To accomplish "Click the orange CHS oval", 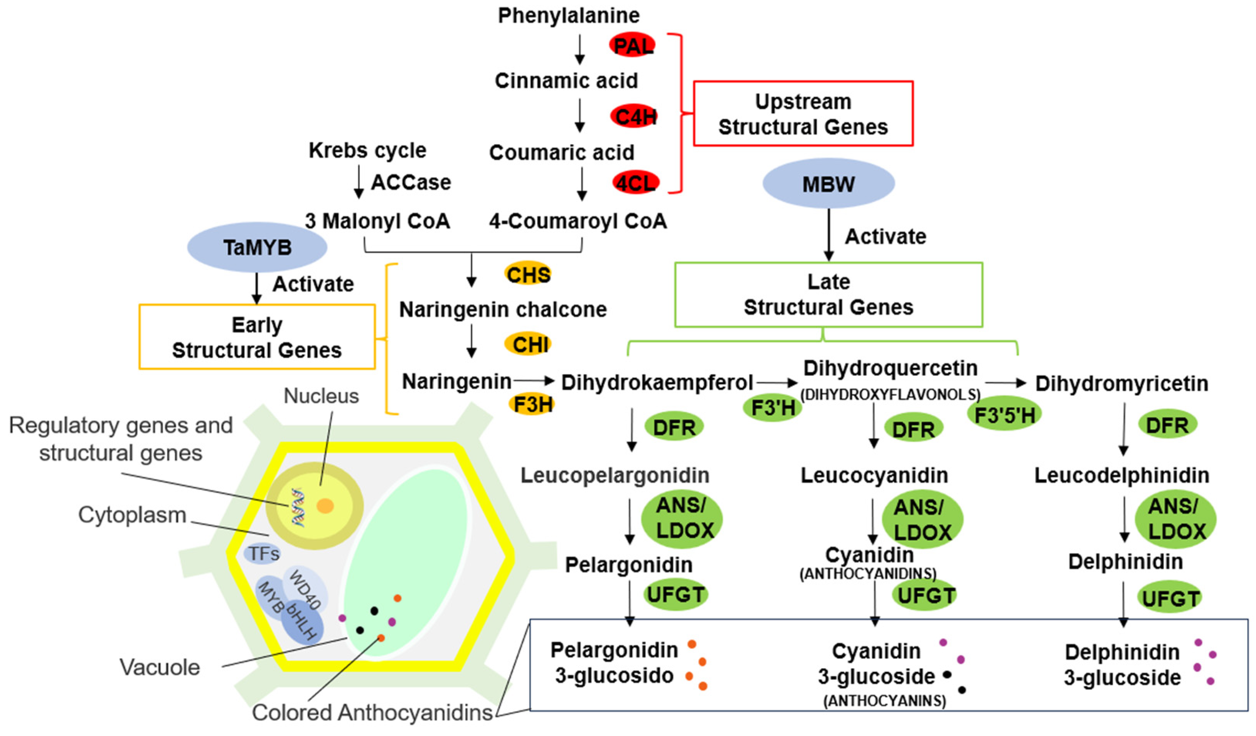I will click(x=528, y=274).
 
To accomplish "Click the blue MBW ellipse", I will click(x=828, y=184).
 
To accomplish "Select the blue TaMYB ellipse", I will click(x=257, y=247).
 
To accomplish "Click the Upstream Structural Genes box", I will click(x=803, y=114).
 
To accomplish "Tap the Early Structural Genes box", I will click(x=257, y=337).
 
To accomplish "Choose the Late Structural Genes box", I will click(x=828, y=294).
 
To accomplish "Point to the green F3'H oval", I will click(x=773, y=408).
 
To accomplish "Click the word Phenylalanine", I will click(x=569, y=15).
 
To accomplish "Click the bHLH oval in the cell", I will click(x=302, y=623).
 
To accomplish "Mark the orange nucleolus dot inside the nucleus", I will click(x=325, y=506).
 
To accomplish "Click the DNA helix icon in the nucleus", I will click(x=298, y=507).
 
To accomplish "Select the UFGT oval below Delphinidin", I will click(x=1169, y=598).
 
